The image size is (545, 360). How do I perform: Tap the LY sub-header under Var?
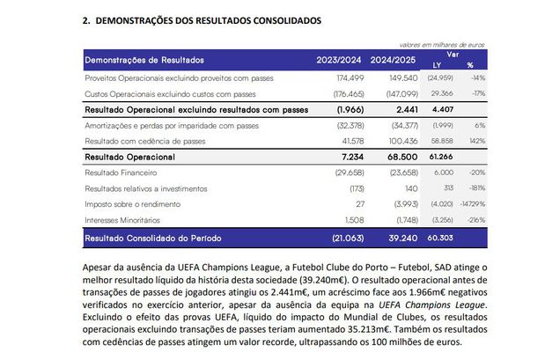[x=438, y=65]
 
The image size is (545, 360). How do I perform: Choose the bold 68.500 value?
[x=397, y=157]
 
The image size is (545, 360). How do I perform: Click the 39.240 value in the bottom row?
[x=397, y=238]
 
